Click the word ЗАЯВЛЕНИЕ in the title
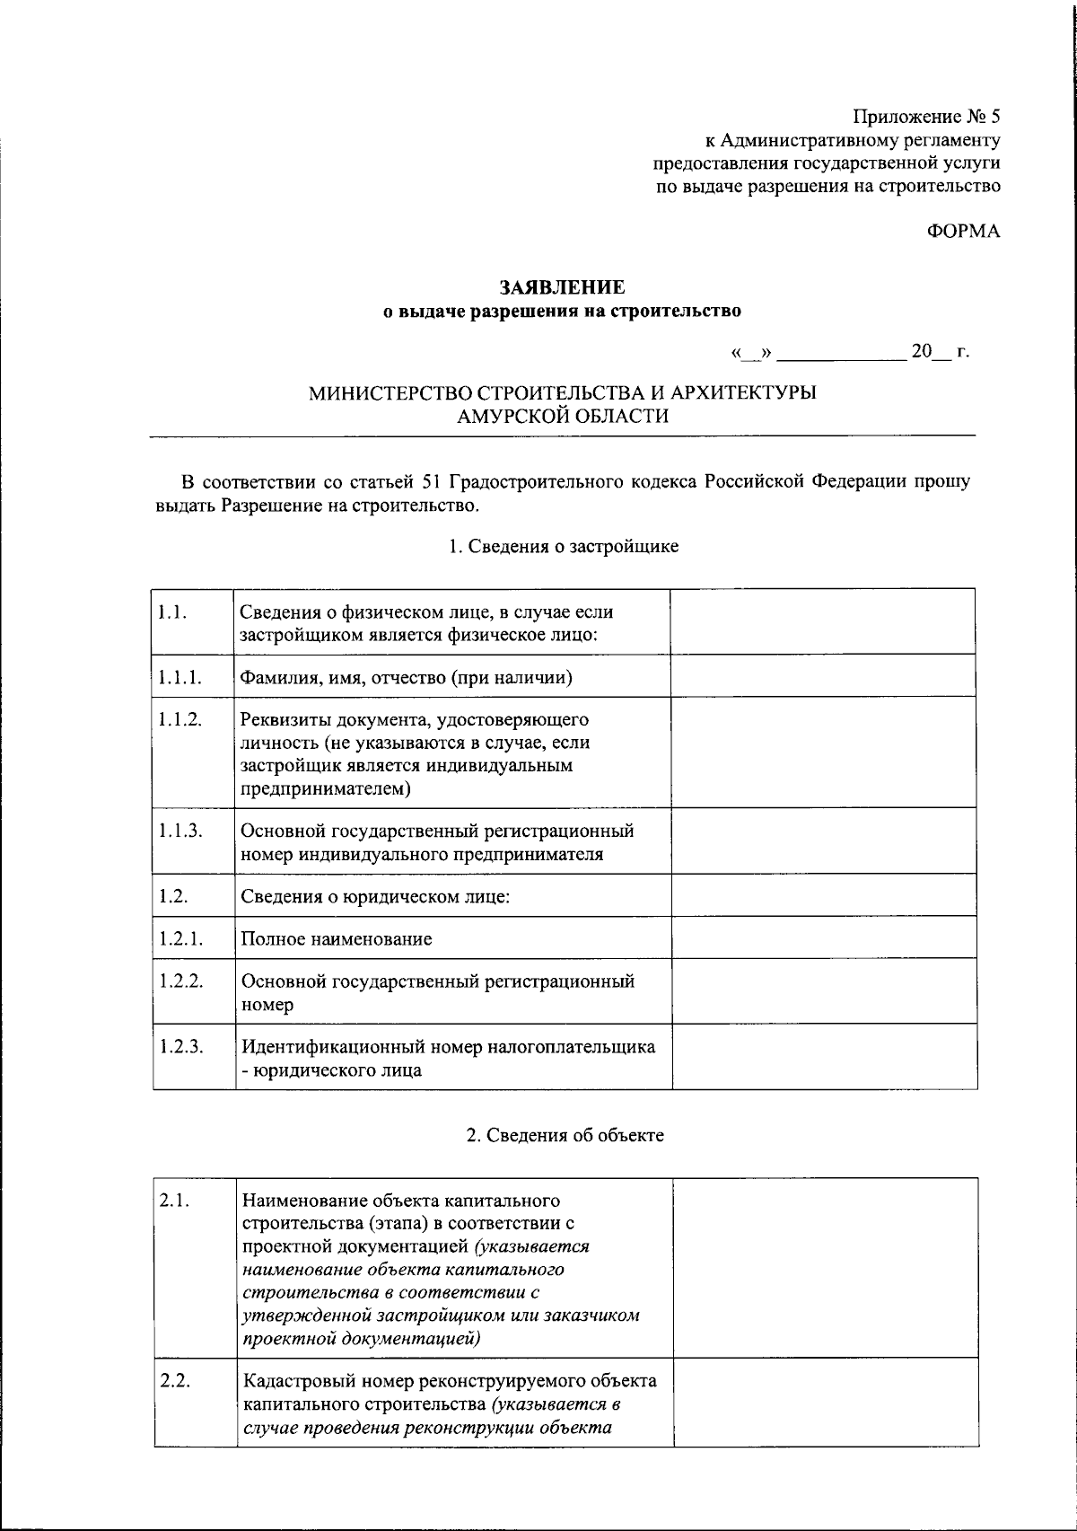tap(562, 287)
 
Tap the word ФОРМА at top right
tap(963, 232)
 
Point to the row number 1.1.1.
tap(179, 676)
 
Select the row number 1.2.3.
tap(181, 1046)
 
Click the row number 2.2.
tap(175, 1381)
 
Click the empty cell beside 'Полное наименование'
tap(823, 937)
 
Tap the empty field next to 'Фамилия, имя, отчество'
tap(823, 675)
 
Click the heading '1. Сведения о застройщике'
tap(564, 546)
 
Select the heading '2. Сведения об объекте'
tap(565, 1135)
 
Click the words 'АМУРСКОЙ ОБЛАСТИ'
tap(563, 417)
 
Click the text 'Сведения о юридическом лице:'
tap(375, 896)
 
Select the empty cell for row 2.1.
tap(825, 1267)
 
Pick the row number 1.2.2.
tap(181, 981)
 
